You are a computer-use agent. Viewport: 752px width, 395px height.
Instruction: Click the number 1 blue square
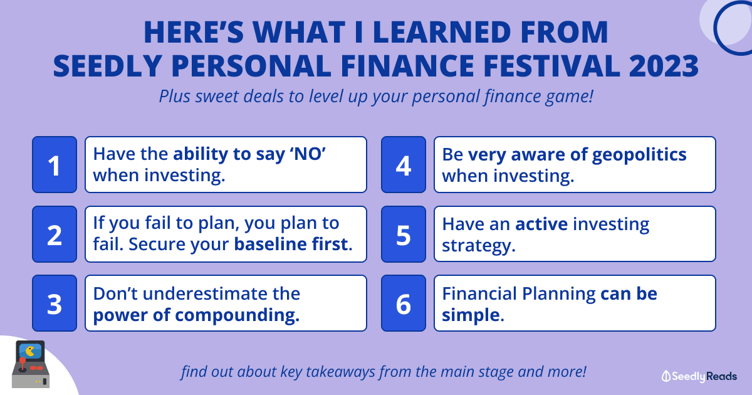click(55, 164)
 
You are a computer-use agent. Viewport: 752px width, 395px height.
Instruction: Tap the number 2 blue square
click(55, 234)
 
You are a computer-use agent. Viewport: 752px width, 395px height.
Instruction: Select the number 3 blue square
click(55, 303)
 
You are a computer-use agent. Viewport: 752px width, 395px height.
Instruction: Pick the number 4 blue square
click(404, 164)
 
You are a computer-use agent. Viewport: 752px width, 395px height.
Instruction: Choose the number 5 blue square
click(404, 234)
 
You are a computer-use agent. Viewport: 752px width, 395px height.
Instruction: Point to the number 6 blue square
click(404, 303)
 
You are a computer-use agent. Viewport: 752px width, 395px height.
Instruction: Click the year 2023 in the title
click(664, 66)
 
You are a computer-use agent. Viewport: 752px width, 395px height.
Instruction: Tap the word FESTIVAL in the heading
click(551, 66)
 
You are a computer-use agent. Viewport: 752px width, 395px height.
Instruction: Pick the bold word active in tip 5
click(541, 224)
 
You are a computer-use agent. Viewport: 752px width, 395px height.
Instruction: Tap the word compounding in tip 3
click(237, 316)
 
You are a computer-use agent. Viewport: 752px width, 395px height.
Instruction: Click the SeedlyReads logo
click(699, 377)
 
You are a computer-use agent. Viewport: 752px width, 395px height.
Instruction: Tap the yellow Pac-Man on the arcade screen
click(30, 351)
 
